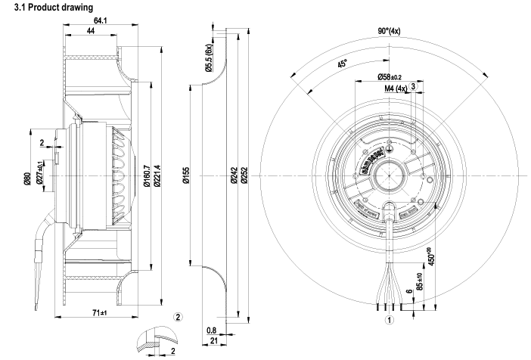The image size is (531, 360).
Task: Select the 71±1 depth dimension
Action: click(100, 312)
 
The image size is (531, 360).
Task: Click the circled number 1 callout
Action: click(390, 319)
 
